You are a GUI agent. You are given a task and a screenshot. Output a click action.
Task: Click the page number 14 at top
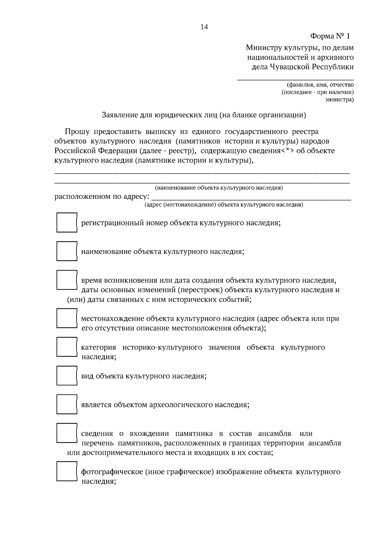point(204,27)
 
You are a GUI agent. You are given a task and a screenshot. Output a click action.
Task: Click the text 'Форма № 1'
point(330,36)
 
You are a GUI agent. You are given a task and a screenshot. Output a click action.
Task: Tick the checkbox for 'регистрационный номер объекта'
point(67,222)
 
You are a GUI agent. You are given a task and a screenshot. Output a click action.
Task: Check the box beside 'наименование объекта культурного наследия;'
point(67,251)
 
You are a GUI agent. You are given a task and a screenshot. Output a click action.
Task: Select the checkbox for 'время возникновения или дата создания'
point(67,280)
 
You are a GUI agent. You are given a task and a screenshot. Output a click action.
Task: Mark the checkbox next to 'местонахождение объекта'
point(67,318)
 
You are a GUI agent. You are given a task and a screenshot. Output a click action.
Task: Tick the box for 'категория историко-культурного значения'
point(67,347)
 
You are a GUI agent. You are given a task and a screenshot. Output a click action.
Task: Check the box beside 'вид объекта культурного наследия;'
point(67,375)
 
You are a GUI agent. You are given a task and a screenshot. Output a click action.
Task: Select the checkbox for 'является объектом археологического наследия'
point(67,404)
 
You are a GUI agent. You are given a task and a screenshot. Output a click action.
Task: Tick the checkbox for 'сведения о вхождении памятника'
point(67,433)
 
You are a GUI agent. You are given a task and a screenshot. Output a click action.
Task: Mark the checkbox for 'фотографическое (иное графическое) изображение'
point(67,471)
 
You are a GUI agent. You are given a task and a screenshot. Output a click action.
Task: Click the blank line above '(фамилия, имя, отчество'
point(296,78)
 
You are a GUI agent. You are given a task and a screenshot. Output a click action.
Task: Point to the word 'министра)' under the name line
point(340,99)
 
